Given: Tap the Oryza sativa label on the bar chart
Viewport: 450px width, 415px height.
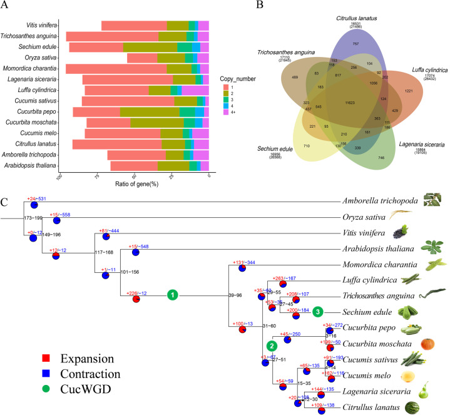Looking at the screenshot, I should point(41,58).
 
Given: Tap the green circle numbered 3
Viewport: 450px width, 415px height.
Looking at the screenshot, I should point(317,312).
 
